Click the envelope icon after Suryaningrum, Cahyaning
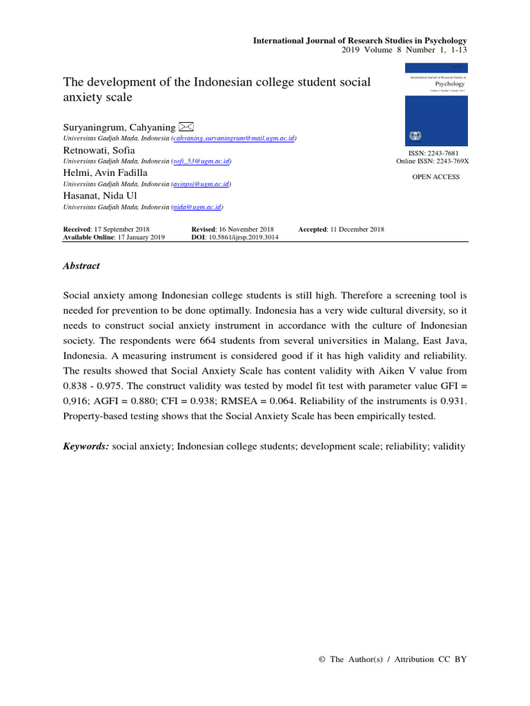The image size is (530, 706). (186, 126)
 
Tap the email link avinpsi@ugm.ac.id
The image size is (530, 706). (202, 184)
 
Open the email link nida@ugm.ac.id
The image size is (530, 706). (197, 207)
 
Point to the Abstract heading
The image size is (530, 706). (81, 265)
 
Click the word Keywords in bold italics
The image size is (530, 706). (86, 447)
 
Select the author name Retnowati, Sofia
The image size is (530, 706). (99, 150)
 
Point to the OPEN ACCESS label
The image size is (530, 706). (435, 177)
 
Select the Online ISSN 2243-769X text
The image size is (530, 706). (432, 161)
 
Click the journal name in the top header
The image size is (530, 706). (360, 41)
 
